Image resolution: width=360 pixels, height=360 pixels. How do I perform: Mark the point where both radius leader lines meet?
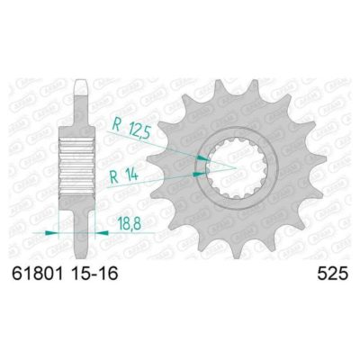point(236,166)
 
